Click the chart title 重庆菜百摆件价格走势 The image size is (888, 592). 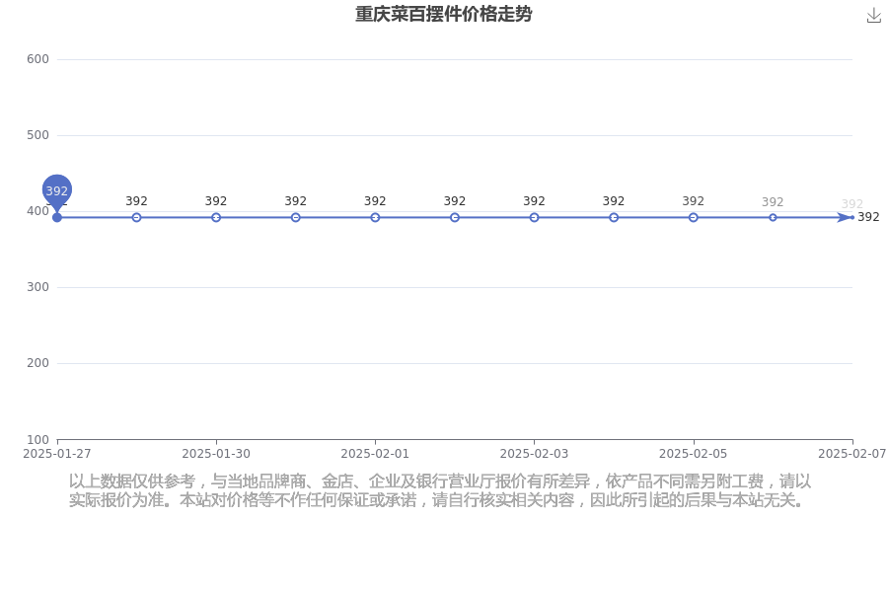click(x=443, y=14)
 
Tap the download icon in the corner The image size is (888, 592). click(x=874, y=16)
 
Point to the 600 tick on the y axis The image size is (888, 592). click(x=37, y=59)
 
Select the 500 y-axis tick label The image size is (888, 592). click(x=37, y=135)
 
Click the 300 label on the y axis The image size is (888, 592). click(x=37, y=287)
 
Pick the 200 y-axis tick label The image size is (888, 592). click(x=37, y=363)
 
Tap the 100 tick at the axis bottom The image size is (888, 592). click(x=37, y=440)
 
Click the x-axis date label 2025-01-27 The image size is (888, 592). click(x=56, y=454)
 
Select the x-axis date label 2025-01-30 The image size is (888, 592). click(x=216, y=454)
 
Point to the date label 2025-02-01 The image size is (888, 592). click(x=375, y=454)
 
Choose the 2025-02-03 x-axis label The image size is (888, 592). click(x=534, y=454)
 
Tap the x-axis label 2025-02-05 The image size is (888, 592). click(x=694, y=454)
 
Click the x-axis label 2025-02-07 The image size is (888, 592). click(x=852, y=454)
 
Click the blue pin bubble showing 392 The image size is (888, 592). click(x=56, y=190)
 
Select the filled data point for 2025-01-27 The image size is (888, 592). click(x=56, y=217)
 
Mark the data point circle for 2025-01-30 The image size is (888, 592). click(x=216, y=217)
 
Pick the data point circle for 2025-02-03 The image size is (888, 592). click(x=534, y=217)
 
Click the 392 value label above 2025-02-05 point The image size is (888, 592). click(x=694, y=201)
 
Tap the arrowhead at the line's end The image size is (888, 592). click(x=845, y=217)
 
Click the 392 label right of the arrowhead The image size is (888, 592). click(x=868, y=217)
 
